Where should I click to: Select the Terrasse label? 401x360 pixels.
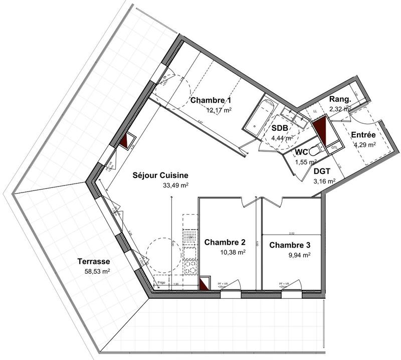coord(94,261)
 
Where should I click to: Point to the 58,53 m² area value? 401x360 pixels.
coord(97,271)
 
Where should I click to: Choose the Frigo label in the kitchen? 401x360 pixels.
coord(161,283)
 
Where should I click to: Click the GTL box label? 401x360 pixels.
coord(334,146)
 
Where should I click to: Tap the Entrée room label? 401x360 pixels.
coord(363,135)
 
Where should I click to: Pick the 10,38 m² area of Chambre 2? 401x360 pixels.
coord(232,252)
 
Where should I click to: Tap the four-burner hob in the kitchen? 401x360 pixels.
coord(190,265)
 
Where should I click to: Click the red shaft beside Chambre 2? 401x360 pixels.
coord(205,284)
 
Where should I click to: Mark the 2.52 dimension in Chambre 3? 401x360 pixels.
coord(292,233)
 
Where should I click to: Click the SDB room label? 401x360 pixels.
coord(279,128)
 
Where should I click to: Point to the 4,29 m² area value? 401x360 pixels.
coord(364,144)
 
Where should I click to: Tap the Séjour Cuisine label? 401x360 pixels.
coord(160,175)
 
